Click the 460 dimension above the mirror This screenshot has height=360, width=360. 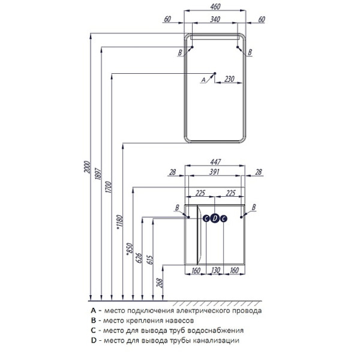click(x=215, y=7)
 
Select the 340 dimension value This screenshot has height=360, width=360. click(x=215, y=20)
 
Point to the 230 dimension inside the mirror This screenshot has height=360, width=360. click(x=229, y=79)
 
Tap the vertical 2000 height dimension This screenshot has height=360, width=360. click(x=87, y=167)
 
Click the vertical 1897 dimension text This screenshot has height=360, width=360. click(x=98, y=174)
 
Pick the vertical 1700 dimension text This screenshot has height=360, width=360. click(x=109, y=187)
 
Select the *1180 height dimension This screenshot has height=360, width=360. click(x=119, y=222)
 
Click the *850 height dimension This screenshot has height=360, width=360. click(x=130, y=249)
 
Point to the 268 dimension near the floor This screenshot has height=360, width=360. click(x=160, y=283)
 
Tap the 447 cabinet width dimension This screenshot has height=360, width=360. click(x=215, y=162)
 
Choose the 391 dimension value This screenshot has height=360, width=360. click(x=214, y=172)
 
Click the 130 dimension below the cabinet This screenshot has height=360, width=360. click(x=215, y=271)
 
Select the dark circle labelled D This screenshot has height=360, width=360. click(x=215, y=218)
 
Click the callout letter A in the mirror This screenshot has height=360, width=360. click(x=203, y=80)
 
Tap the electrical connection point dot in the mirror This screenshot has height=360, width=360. click(x=215, y=73)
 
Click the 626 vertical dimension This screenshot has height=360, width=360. click(x=139, y=258)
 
